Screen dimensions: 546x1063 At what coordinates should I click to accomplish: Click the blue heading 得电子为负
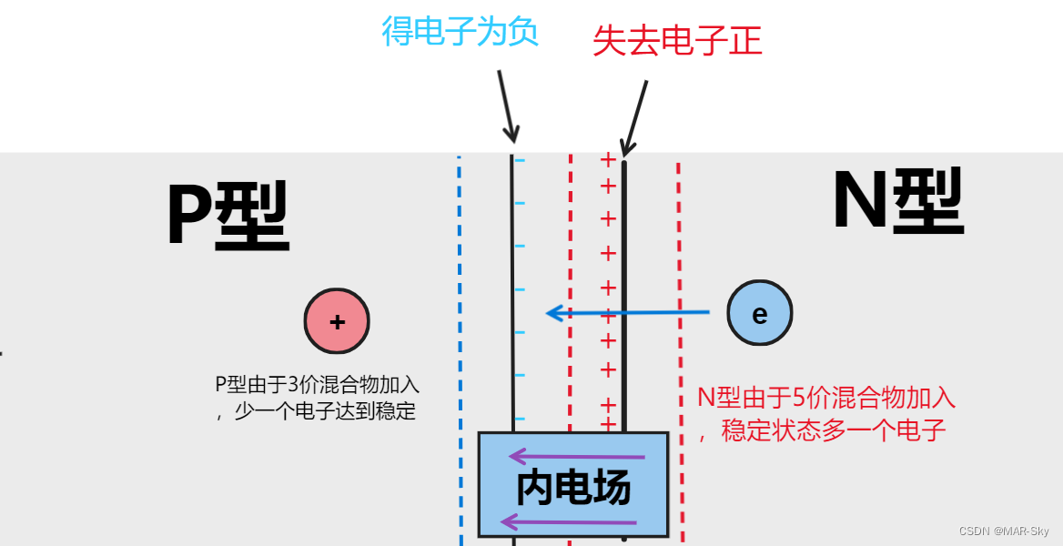coord(460,31)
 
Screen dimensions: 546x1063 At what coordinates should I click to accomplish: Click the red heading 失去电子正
coord(677,41)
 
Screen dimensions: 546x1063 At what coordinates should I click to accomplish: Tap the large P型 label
coord(228,217)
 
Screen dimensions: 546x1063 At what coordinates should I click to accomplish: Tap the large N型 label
coord(897,204)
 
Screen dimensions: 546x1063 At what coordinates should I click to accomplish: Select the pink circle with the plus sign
coord(337,321)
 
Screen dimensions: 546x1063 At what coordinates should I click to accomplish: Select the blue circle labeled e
coord(759,313)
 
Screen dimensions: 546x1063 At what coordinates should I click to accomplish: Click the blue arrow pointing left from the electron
coord(628,313)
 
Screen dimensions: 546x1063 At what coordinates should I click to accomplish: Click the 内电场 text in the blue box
coord(573,489)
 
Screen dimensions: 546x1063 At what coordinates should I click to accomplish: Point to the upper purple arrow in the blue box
coord(576,455)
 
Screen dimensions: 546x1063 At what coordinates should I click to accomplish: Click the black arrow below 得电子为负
coord(506,105)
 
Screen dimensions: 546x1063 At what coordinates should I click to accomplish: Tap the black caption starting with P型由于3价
coord(317,398)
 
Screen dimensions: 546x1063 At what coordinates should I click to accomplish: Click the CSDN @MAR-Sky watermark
coord(1003,531)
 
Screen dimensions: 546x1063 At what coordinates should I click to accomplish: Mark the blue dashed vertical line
coord(460,346)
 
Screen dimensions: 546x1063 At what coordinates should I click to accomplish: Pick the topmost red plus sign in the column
coord(608,161)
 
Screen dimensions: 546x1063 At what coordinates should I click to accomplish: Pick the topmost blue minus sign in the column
coord(520,161)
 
